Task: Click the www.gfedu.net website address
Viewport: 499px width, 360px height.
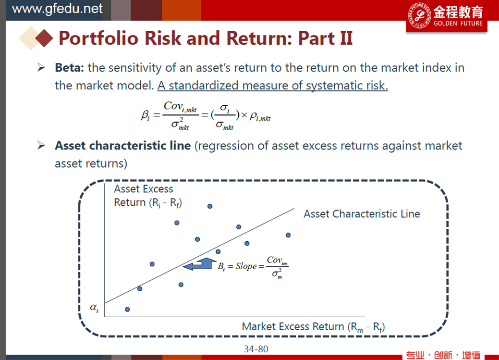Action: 57,9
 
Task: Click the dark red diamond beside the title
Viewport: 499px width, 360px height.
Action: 44,38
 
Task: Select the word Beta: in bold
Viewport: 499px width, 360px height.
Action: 69,68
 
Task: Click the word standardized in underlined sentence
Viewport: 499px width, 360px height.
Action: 203,86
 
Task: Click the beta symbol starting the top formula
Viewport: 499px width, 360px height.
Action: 145,115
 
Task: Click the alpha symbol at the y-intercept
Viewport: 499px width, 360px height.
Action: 94,308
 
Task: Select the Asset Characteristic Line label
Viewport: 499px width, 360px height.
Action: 362,214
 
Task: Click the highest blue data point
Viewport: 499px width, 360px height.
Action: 210,207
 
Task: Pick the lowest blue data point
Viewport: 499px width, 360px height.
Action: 127,310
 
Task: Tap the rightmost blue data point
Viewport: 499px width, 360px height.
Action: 288,235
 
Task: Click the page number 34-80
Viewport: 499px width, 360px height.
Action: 256,349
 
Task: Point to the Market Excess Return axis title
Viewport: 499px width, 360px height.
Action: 314,327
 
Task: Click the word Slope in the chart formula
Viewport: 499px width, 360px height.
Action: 246,266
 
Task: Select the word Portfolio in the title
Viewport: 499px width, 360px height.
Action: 98,38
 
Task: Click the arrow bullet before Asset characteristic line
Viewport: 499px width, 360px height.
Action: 41,146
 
